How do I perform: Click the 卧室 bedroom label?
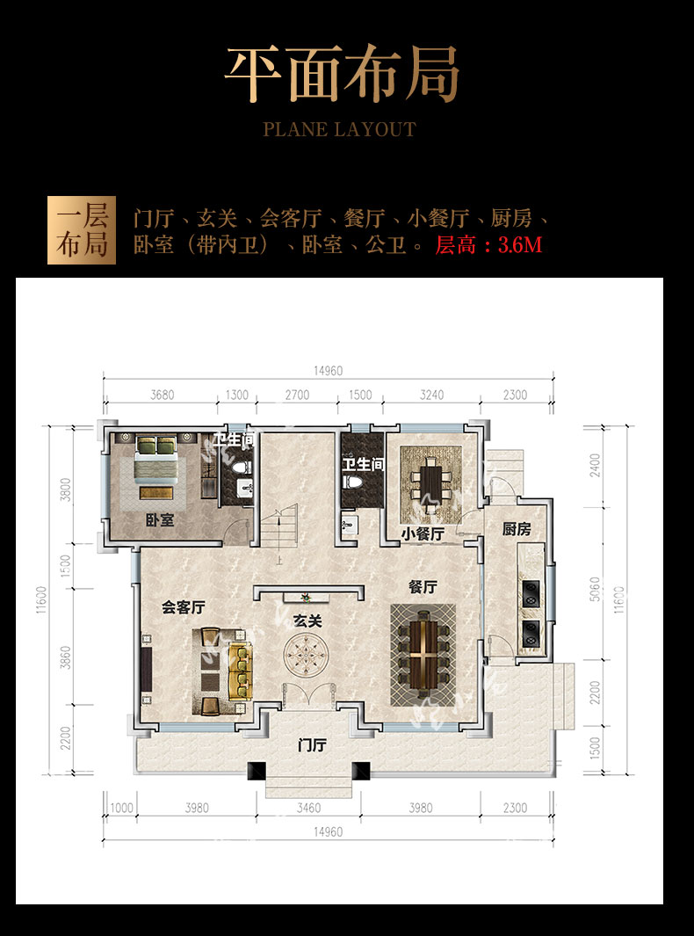159,520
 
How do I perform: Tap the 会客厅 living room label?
184,607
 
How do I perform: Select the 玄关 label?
307,621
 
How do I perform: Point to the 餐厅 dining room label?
423,587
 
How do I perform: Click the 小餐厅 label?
423,533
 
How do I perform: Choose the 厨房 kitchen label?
517,528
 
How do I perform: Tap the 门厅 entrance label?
312,745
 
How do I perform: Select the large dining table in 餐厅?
423,654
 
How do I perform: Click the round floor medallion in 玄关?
307,654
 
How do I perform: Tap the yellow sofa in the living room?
241,671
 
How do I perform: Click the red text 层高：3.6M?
488,244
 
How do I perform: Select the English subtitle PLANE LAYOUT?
340,129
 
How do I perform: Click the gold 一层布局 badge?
82,230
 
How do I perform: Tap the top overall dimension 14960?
329,371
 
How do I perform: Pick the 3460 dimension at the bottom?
308,808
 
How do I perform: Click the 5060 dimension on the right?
595,589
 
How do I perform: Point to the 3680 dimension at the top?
163,395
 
